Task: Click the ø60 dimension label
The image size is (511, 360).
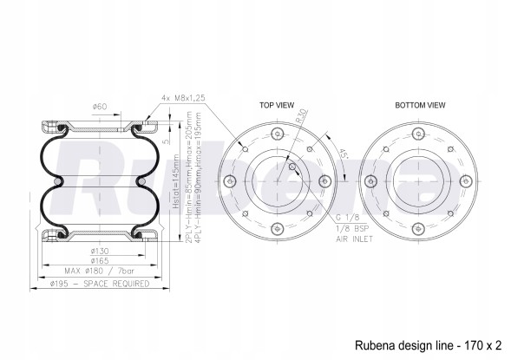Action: click(x=100, y=107)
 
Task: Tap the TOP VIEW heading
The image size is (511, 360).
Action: click(x=276, y=105)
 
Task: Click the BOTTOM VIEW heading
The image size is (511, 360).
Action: click(x=420, y=105)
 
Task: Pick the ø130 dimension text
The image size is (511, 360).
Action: click(x=100, y=252)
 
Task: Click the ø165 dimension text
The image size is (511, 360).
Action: click(x=100, y=261)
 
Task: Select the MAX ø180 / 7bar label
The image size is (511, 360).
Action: click(x=99, y=272)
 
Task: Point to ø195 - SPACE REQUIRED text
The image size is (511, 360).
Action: click(x=99, y=283)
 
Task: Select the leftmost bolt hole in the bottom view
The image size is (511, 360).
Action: click(x=371, y=181)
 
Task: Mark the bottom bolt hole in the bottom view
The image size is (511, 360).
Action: click(x=420, y=230)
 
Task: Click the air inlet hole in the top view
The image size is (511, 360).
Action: click(x=292, y=167)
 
